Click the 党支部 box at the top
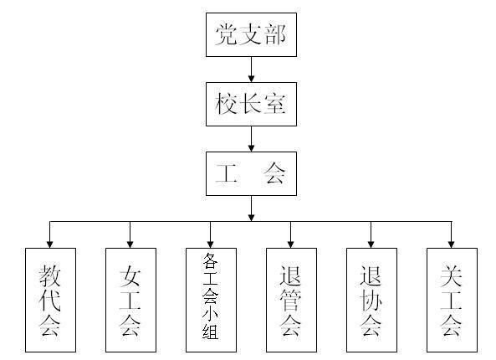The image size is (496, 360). [251, 34]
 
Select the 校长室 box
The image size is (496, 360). [251, 104]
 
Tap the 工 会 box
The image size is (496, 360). [251, 173]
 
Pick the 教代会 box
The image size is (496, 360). [50, 299]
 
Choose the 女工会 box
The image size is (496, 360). [130, 299]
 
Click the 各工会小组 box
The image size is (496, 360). [210, 299]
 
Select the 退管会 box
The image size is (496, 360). [291, 299]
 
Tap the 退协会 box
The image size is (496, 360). [371, 299]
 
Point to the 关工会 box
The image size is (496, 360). [452, 299]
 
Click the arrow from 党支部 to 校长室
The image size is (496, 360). [251, 69]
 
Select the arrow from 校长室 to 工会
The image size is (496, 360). [251, 139]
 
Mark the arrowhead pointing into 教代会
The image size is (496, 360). [50, 243]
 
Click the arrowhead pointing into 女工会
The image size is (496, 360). [130, 243]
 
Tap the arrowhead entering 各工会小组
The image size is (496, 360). [210, 243]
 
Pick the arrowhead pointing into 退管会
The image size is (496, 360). [291, 243]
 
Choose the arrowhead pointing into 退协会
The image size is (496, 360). [371, 243]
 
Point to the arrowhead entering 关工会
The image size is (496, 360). [452, 243]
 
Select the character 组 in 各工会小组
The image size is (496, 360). [210, 340]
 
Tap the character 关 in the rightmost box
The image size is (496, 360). [452, 275]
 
